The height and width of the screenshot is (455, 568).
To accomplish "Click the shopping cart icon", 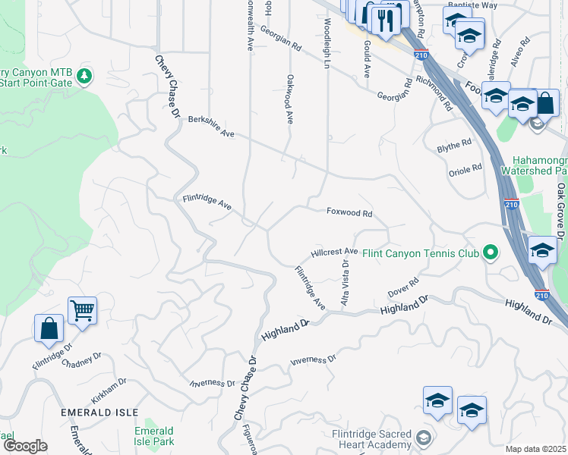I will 82,309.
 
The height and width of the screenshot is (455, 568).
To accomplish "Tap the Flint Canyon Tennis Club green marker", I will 491,253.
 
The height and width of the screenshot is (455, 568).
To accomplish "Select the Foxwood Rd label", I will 349,214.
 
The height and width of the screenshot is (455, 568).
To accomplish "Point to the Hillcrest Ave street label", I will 334,251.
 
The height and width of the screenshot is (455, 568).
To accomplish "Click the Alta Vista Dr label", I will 346,282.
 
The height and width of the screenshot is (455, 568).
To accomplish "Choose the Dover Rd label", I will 403,287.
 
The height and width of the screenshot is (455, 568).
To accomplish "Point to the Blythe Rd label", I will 454,146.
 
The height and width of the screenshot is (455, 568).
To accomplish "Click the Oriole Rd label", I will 465,168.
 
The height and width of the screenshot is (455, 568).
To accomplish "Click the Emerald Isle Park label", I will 154,436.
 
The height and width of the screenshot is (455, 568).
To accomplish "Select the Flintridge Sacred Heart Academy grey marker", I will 424,438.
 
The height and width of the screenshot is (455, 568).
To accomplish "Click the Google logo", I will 25,446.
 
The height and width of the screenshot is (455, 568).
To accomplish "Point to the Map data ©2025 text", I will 535,449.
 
